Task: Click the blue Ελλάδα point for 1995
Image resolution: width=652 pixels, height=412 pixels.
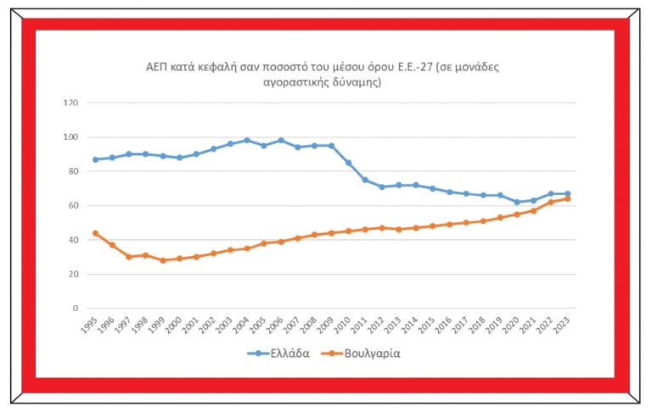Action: tap(95, 159)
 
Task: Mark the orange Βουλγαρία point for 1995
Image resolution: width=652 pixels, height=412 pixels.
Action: tap(95, 233)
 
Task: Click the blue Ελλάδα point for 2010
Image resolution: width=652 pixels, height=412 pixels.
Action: tap(348, 163)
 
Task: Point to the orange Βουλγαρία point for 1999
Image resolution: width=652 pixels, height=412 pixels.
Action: tap(162, 260)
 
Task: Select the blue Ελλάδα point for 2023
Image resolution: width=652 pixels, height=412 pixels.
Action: tap(567, 193)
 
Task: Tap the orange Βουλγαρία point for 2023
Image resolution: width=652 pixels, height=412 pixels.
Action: tap(567, 198)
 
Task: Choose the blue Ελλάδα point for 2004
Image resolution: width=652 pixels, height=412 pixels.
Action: tap(247, 140)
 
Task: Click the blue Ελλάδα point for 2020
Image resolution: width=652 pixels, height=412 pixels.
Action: tap(516, 202)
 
